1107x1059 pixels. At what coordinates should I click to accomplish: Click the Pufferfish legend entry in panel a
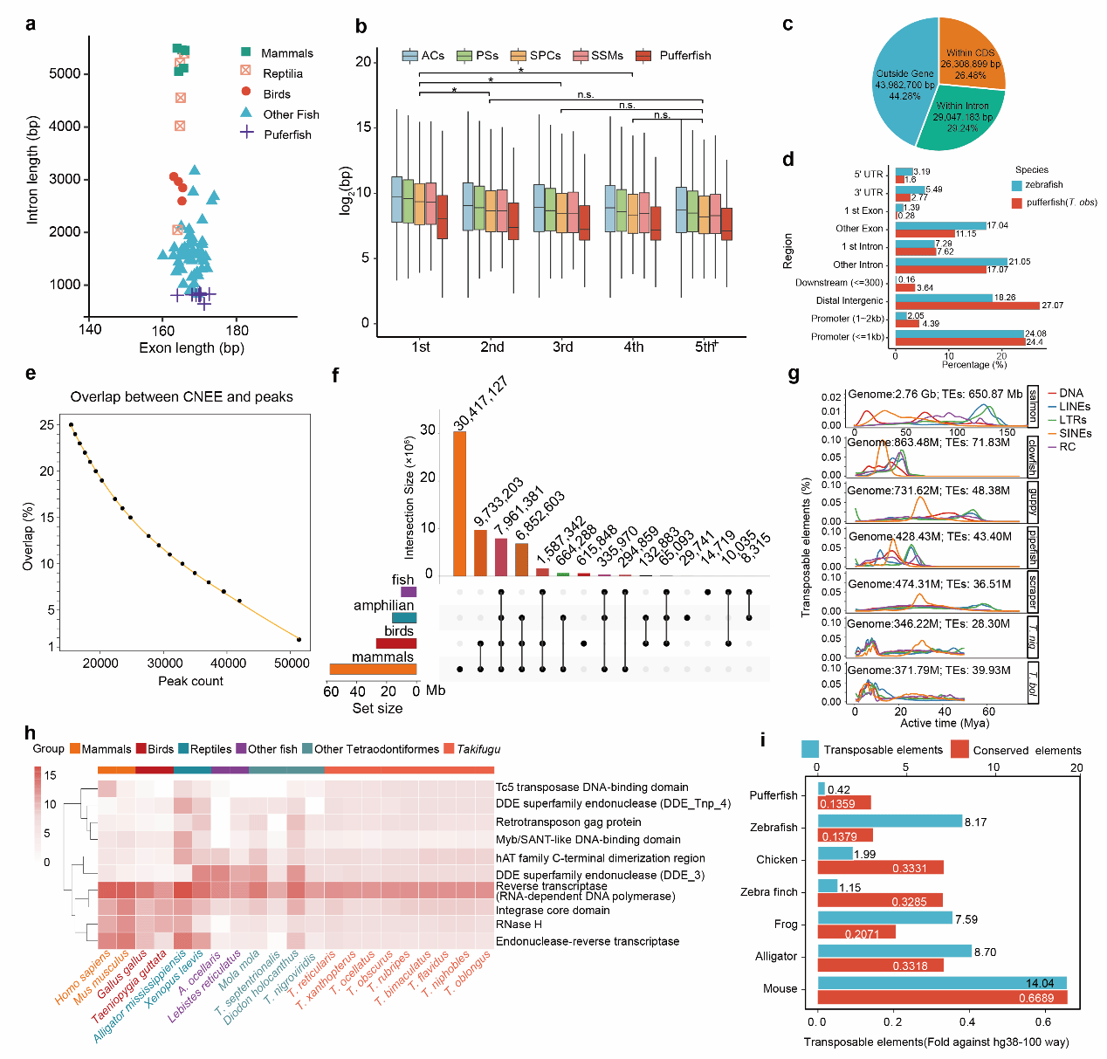click(287, 134)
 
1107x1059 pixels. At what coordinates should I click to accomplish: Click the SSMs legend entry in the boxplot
click(607, 55)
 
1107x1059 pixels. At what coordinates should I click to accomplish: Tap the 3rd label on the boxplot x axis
click(563, 347)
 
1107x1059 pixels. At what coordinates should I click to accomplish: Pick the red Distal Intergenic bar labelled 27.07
click(966, 306)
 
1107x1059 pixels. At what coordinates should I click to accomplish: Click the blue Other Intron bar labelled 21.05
click(951, 261)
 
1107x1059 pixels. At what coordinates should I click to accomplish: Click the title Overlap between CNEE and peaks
click(182, 396)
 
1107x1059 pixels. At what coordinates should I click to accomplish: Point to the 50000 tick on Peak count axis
click(292, 664)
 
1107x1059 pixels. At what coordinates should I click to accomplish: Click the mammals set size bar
click(373, 670)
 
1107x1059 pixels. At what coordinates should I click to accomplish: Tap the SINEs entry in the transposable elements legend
click(1075, 433)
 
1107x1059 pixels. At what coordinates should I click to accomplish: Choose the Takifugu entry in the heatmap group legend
click(478, 749)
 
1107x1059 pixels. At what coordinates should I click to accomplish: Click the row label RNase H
click(519, 924)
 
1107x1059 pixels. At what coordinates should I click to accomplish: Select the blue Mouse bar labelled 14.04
click(942, 983)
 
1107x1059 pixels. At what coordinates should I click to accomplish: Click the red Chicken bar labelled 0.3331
click(880, 868)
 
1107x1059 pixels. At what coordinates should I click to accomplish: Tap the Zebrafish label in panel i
click(774, 827)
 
